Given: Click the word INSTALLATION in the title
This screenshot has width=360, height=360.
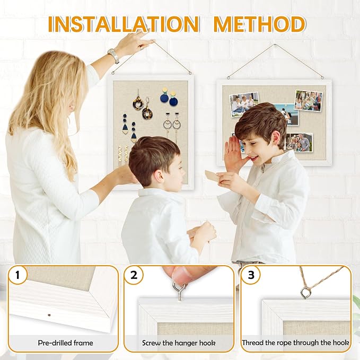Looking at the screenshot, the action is click(124, 24).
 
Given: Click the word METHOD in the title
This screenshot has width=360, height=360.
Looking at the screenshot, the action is click(259, 24).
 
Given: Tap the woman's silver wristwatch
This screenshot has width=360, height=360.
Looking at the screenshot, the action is click(113, 55).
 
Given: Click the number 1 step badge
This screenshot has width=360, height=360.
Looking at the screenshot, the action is click(17, 275).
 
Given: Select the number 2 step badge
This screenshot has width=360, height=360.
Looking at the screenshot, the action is click(134, 275).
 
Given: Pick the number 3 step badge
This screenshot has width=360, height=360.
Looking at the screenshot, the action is click(251, 275).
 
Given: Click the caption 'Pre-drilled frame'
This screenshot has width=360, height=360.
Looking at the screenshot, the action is click(65, 343).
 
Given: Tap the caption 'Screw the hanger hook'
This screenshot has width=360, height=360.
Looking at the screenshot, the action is click(179, 343).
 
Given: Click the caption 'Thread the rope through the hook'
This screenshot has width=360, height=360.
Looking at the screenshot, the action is click(295, 343).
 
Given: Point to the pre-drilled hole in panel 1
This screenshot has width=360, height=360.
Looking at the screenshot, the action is click(49, 315).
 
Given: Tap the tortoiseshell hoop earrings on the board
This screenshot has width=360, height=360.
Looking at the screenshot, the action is click(142, 107).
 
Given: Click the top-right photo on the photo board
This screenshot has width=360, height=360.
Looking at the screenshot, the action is click(309, 100).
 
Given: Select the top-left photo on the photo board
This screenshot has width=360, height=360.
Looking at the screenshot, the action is click(244, 104).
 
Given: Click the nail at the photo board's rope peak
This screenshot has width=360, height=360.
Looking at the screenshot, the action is click(274, 45).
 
